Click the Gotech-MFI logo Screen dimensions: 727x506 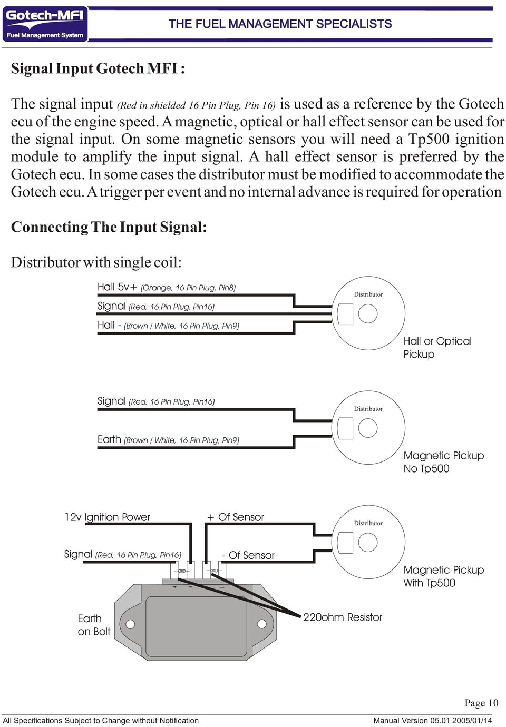pos(45,24)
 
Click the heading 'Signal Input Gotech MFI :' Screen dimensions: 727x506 pos(98,69)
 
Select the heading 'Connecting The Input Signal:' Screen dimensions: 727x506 pos(109,227)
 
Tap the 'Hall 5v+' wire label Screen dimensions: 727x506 pos(117,287)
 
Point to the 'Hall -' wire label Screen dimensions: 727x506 pos(109,325)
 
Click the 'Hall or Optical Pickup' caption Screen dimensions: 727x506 pos(437,348)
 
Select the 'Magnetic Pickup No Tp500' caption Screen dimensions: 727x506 pos(443,462)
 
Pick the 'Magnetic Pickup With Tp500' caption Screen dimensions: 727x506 pos(443,576)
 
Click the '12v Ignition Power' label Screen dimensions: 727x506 pos(108,517)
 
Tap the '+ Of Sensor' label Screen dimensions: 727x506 pos(236,517)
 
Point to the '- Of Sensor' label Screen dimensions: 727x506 pos(248,555)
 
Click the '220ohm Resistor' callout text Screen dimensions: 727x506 pos(343,617)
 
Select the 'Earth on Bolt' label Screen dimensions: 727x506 pos(94,625)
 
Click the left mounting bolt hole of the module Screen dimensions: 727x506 pos(130,624)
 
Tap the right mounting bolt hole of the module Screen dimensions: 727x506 pos(261,624)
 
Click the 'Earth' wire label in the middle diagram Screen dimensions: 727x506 pos(109,439)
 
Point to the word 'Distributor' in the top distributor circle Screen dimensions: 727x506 pos(368,294)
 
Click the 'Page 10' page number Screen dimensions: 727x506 pos(481,703)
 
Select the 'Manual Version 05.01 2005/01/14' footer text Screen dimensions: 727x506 pos(432,720)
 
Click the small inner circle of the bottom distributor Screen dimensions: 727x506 pos(368,542)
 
